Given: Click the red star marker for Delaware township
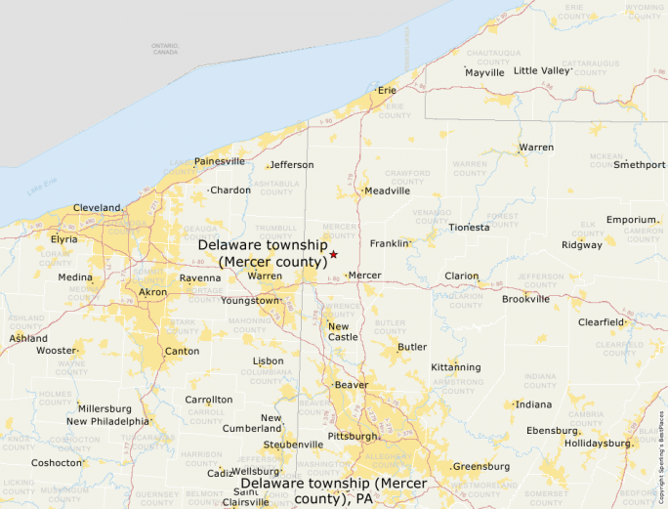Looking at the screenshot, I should click(x=333, y=254).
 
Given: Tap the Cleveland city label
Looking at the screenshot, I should click(x=97, y=208).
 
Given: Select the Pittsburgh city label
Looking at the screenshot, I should click(x=352, y=436).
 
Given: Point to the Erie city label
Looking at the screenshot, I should click(x=388, y=90).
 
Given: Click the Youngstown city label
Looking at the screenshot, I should click(x=250, y=301).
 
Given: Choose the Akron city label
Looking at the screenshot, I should click(x=152, y=292).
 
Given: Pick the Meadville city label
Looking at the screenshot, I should click(x=387, y=191).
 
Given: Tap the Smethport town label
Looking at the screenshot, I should click(x=639, y=165).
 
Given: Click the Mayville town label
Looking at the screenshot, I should click(x=484, y=73).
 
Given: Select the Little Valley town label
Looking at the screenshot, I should click(x=542, y=70).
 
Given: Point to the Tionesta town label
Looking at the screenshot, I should click(x=469, y=228).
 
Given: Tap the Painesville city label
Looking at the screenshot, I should click(x=220, y=161).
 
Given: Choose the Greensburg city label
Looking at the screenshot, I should click(x=480, y=467).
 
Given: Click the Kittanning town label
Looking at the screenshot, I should click(x=456, y=367).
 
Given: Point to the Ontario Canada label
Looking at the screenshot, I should click(x=165, y=49).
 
